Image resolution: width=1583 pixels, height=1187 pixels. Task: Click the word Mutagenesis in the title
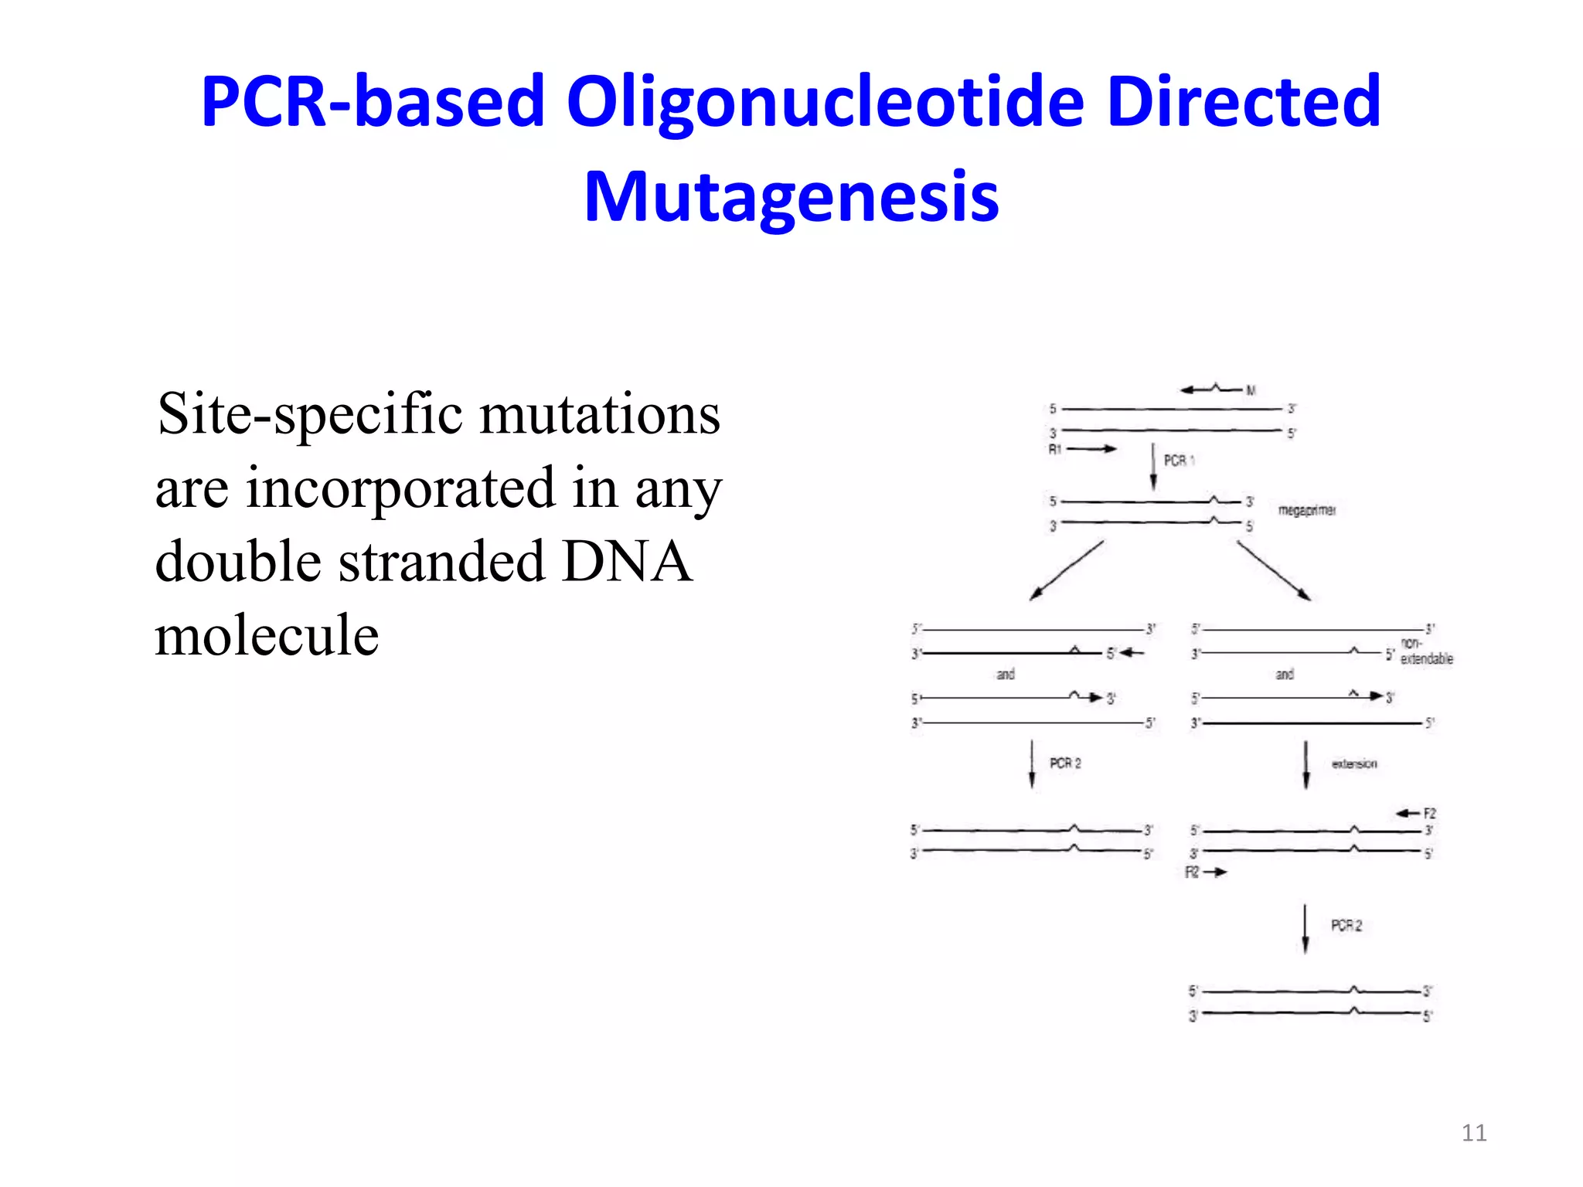tap(791, 197)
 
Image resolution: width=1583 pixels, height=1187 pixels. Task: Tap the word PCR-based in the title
tap(373, 102)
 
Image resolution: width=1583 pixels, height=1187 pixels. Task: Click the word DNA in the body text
tap(626, 562)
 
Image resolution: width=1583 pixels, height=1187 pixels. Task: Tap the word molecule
tap(267, 635)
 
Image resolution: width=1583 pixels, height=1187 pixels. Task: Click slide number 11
tap(1473, 1133)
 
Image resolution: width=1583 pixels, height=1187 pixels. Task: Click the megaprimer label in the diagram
tap(1306, 510)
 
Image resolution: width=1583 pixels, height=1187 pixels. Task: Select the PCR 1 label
tap(1179, 461)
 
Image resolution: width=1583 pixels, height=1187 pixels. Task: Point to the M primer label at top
tap(1251, 391)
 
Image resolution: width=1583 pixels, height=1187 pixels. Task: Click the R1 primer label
tap(1055, 449)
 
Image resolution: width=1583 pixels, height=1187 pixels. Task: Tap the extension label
tap(1353, 764)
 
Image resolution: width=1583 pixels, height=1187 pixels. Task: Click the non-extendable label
tap(1426, 651)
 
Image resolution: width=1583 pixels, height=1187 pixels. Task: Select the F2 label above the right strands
tap(1429, 813)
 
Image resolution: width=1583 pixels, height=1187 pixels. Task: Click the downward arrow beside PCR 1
tap(1153, 466)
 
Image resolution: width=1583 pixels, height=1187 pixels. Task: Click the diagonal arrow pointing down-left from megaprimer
tap(1066, 571)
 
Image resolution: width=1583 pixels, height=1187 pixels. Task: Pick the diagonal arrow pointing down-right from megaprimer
tap(1274, 571)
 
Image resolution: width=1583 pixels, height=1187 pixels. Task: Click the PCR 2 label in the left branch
tap(1065, 764)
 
